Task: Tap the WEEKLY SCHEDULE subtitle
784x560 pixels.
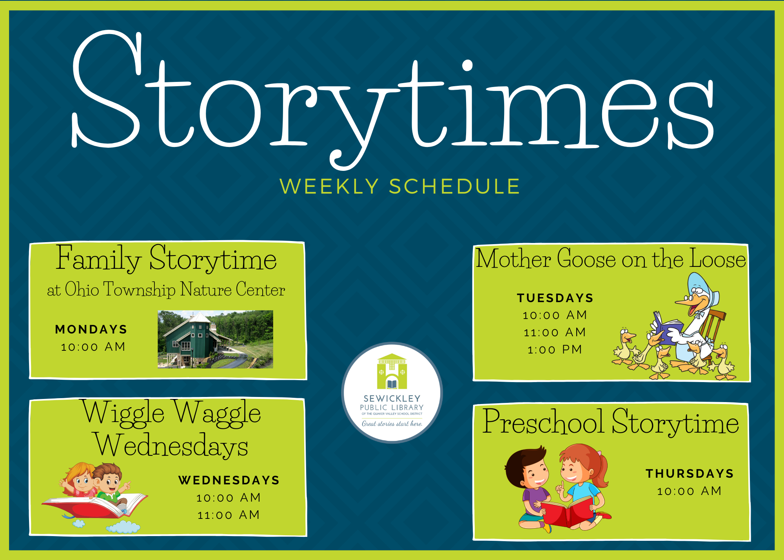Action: point(400,187)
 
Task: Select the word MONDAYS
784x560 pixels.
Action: point(91,330)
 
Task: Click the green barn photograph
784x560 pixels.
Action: point(215,339)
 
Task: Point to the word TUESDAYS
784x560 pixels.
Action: point(555,298)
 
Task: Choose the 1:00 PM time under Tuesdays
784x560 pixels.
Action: point(555,350)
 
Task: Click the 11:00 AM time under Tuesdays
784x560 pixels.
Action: point(555,332)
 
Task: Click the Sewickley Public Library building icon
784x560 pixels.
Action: point(392,372)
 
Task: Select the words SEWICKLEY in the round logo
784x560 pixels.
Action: point(392,399)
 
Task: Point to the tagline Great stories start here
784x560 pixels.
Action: point(392,424)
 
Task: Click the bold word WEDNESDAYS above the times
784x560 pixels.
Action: point(229,480)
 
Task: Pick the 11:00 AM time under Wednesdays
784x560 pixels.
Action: point(229,515)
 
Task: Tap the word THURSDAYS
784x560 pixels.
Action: point(690,474)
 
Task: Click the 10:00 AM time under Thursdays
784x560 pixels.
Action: point(690,491)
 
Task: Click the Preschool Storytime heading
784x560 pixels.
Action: point(611,422)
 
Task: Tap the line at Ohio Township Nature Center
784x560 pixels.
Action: point(166,290)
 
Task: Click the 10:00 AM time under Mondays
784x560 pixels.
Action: point(93,347)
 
